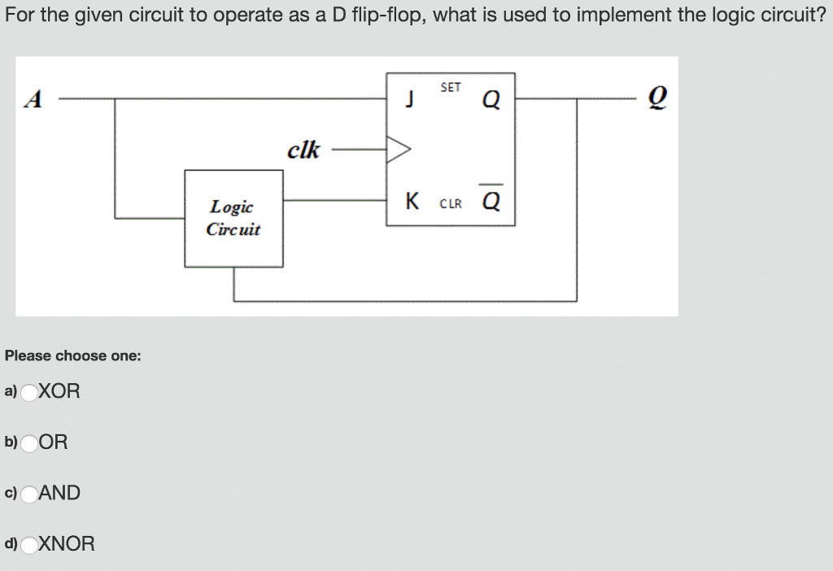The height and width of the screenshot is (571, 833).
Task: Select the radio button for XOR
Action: [x=29, y=392]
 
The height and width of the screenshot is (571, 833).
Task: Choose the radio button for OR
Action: [x=29, y=443]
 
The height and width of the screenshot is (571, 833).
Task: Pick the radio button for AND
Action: [x=29, y=494]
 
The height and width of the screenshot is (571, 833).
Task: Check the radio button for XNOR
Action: [x=29, y=544]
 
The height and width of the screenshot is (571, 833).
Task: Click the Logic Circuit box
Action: [x=233, y=218]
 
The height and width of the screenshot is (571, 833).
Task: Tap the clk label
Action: [x=303, y=150]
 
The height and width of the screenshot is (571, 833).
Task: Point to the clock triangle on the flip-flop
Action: [x=399, y=150]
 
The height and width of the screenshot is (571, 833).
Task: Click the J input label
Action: [x=412, y=100]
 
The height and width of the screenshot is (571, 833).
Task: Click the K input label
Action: [x=412, y=201]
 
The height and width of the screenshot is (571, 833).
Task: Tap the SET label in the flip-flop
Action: [x=451, y=87]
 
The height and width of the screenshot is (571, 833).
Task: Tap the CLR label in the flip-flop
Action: [x=451, y=203]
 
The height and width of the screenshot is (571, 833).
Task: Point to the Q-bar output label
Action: [x=491, y=199]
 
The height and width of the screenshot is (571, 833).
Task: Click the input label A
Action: [x=33, y=99]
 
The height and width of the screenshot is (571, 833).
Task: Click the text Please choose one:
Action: [x=73, y=355]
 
